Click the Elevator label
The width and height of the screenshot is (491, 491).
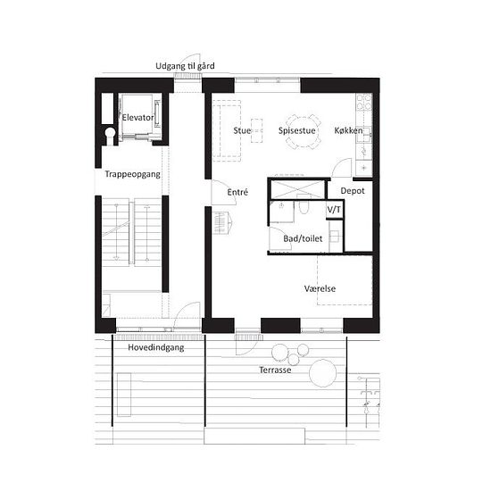pos(137,118)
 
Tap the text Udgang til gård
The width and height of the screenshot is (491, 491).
pos(185,66)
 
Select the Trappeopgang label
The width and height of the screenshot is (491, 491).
pos(132,174)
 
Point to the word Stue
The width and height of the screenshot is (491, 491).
pos(242,130)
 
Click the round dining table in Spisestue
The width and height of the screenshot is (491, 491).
pos(303,132)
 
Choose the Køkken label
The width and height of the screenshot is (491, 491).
pos(348,130)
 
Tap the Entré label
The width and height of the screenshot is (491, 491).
pos(237,192)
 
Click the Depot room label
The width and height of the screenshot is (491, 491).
pos(353,191)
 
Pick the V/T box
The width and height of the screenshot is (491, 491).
pos(335,210)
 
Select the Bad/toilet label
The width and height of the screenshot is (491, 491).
pos(303,238)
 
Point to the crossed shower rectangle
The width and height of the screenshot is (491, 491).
pos(297,189)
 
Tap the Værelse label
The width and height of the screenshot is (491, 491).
pos(320,288)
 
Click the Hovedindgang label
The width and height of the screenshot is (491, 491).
pos(156,347)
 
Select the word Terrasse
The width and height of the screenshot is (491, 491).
pos(275,370)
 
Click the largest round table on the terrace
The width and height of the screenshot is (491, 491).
pos(322,373)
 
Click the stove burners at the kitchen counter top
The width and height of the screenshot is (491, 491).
pos(364,103)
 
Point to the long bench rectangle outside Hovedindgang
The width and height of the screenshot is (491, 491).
pos(124,395)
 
